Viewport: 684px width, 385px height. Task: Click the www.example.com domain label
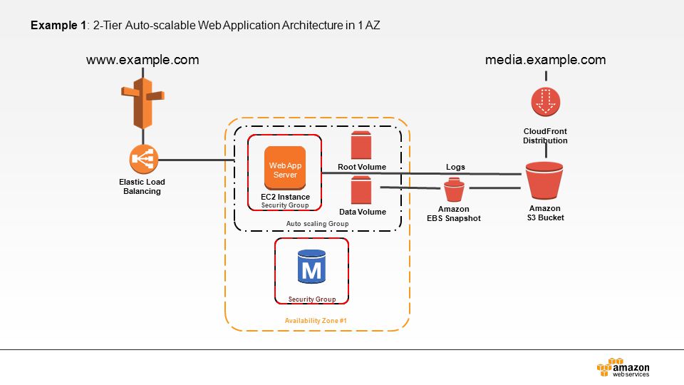(142, 60)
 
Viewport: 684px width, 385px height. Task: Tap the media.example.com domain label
(545, 60)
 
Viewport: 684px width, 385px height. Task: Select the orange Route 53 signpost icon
(142, 103)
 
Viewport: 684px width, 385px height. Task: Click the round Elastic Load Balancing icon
(143, 159)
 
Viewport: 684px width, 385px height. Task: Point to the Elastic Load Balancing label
(142, 186)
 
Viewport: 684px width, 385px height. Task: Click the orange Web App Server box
(285, 168)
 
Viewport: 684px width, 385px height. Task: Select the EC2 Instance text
(285, 197)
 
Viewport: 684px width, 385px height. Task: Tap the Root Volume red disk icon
(361, 145)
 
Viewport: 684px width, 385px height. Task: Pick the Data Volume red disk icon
(361, 190)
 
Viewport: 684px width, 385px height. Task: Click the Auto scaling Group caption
(317, 223)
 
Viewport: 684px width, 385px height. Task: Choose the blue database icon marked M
(311, 267)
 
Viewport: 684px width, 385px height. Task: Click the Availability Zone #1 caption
(316, 320)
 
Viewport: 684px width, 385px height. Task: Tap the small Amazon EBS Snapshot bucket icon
(454, 190)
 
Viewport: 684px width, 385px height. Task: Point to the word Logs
(455, 167)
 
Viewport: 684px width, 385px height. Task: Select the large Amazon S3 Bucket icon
(544, 180)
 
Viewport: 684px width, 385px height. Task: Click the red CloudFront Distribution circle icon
(546, 102)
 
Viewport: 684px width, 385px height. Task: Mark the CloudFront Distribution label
(545, 135)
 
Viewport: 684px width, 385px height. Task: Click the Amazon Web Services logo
(623, 368)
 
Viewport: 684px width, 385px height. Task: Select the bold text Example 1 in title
(58, 26)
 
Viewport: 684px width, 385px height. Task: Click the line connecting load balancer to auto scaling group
(197, 160)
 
